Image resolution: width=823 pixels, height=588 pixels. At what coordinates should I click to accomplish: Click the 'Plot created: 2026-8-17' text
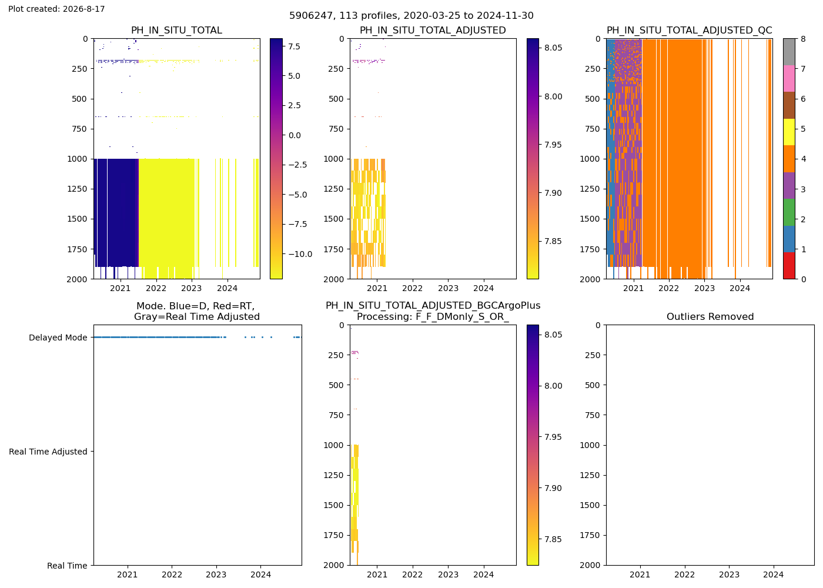[56, 9]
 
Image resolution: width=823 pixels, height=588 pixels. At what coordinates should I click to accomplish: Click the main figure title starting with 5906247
[411, 15]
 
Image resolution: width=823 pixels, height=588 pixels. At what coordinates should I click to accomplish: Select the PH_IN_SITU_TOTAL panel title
[177, 30]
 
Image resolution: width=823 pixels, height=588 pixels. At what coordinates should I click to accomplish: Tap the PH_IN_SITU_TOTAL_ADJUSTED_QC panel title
[689, 30]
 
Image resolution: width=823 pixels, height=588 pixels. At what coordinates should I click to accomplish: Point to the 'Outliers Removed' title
[710, 316]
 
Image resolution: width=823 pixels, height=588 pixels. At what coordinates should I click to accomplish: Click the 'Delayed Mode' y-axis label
[58, 338]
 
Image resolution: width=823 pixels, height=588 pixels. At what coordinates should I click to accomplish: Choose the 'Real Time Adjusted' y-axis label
[48, 452]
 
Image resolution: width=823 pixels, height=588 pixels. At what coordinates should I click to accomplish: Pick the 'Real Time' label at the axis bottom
[67, 566]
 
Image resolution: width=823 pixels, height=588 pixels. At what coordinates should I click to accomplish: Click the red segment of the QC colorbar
[789, 266]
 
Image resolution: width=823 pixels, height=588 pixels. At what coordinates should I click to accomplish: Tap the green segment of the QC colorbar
[789, 212]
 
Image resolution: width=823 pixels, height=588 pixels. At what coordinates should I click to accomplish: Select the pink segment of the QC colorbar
[789, 79]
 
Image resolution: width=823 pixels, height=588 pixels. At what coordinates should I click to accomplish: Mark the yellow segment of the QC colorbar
[789, 132]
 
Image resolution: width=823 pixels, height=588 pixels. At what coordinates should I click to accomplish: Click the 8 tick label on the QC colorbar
[803, 39]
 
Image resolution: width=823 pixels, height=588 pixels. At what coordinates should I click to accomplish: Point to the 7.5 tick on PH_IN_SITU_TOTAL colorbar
[295, 46]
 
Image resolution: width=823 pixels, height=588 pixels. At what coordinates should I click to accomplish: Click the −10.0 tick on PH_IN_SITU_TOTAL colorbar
[300, 254]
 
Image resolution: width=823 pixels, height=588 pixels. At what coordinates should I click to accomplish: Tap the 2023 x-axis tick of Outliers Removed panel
[729, 574]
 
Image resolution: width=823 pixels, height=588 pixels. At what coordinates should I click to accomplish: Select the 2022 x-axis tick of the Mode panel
[172, 574]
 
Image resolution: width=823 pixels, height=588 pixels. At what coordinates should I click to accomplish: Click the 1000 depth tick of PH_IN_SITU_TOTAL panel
[77, 159]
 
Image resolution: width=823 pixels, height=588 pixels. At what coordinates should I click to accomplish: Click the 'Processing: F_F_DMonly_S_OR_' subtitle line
[433, 316]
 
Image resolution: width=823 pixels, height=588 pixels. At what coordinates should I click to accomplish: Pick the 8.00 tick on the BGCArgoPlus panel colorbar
[553, 386]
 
